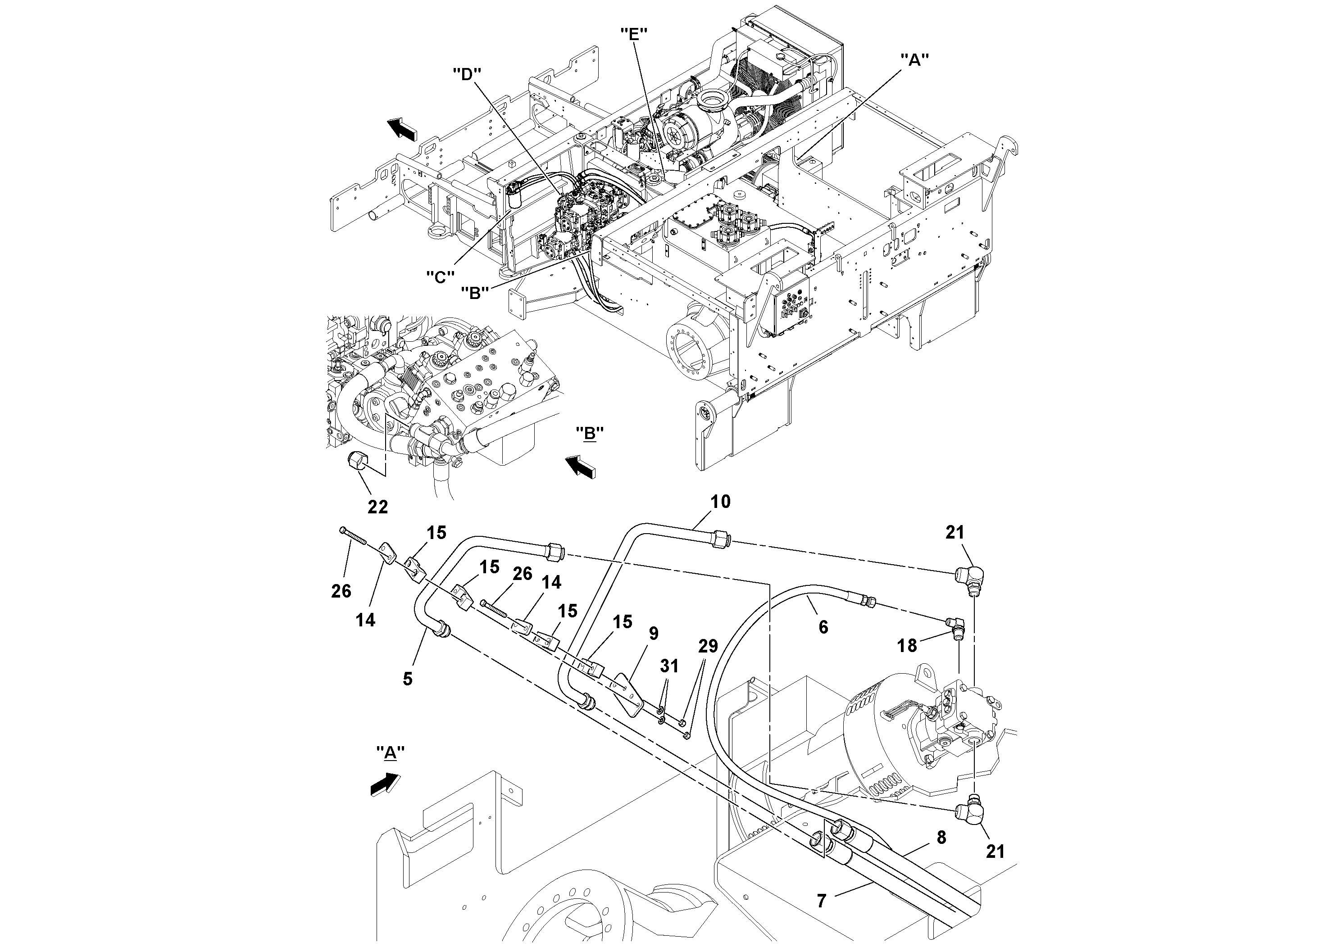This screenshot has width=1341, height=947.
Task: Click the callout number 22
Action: (x=377, y=507)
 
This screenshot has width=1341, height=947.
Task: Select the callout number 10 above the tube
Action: (x=720, y=502)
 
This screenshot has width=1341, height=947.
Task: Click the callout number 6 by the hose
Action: (x=823, y=627)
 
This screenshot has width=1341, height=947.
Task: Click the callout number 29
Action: (x=708, y=646)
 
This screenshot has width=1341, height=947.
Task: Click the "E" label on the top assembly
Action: (x=634, y=33)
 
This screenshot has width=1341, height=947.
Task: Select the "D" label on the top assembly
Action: (x=467, y=75)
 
